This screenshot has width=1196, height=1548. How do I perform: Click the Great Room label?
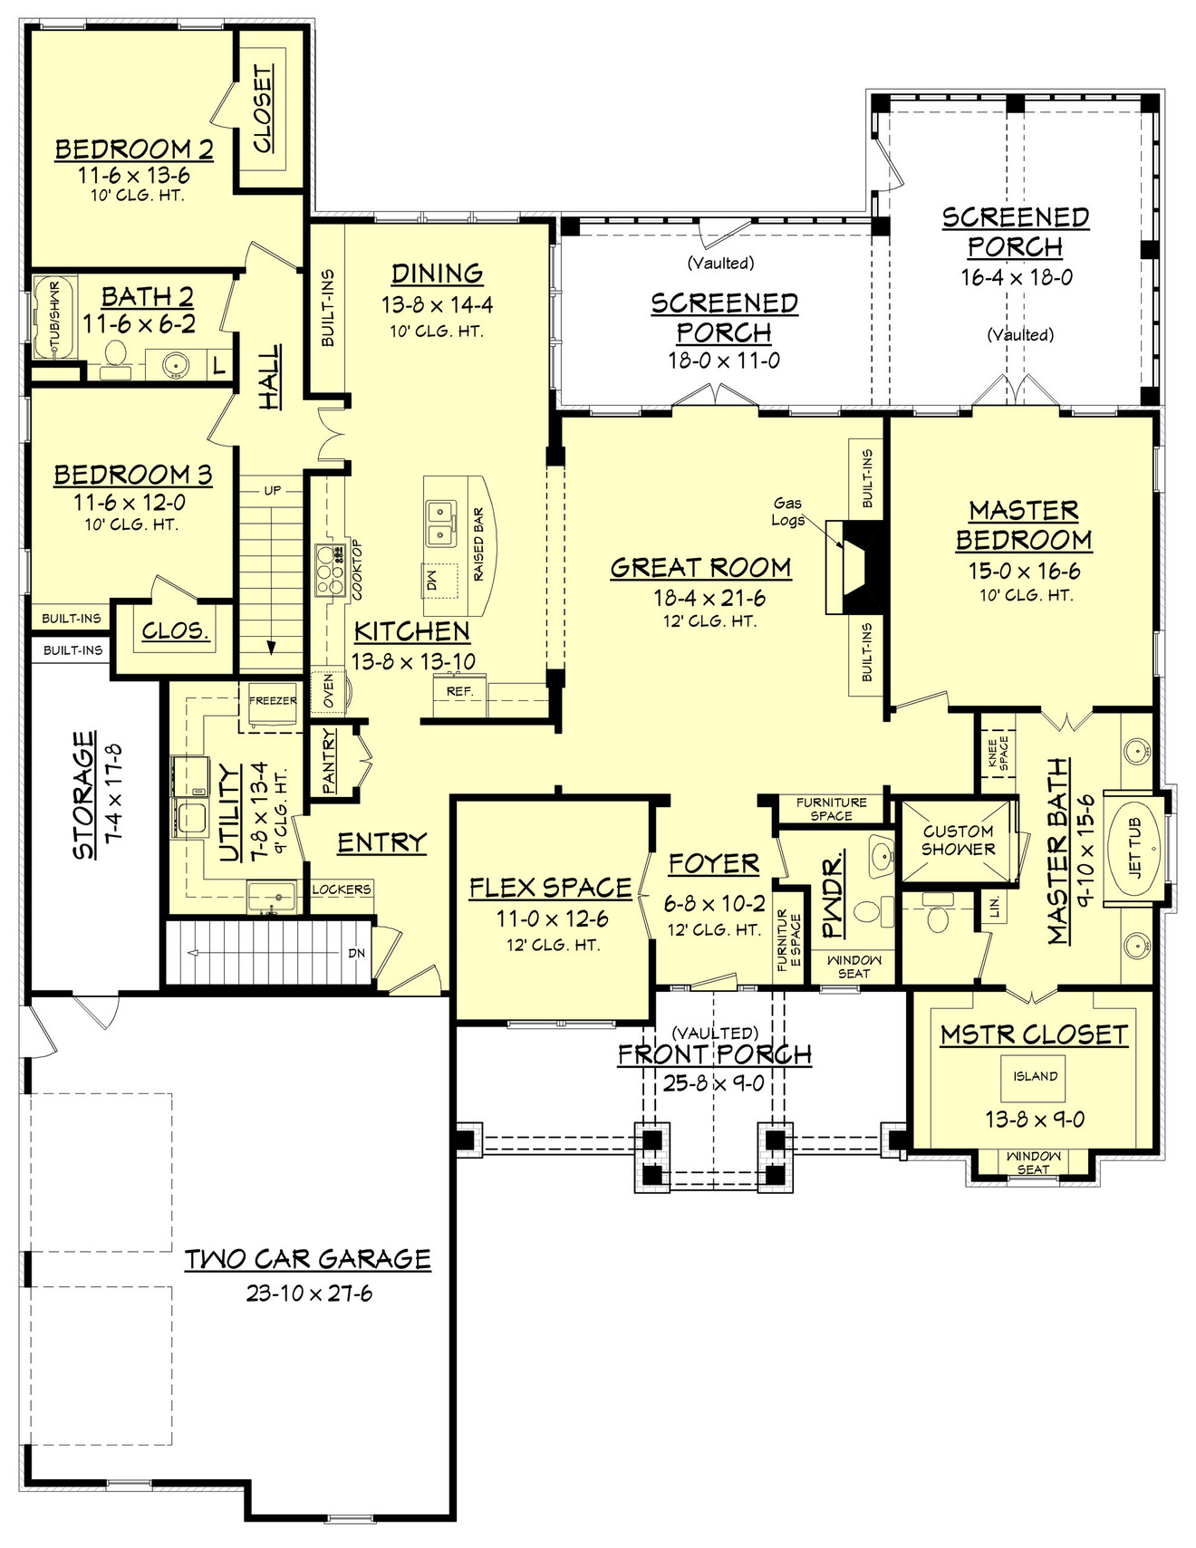700,568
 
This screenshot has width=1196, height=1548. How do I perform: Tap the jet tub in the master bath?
1133,849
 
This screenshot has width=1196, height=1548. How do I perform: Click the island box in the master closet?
1035,1076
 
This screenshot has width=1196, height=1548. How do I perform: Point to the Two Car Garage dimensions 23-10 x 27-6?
309,1293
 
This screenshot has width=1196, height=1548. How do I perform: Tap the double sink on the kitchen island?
441,524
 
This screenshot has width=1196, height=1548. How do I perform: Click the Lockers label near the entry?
342,889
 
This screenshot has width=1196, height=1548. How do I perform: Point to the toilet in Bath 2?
115,359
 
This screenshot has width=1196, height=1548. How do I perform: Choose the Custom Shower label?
958,841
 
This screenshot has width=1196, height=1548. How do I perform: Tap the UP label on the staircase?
272,490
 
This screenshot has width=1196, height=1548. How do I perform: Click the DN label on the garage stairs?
357,953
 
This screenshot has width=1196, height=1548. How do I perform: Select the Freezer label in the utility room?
273,700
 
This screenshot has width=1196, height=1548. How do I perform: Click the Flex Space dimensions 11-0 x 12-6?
551,918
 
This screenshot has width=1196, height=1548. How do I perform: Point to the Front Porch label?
714,1054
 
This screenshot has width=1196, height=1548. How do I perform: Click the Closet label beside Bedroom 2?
262,109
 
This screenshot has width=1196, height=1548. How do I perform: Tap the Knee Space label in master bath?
998,753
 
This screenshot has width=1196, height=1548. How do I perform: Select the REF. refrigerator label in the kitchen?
459,691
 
